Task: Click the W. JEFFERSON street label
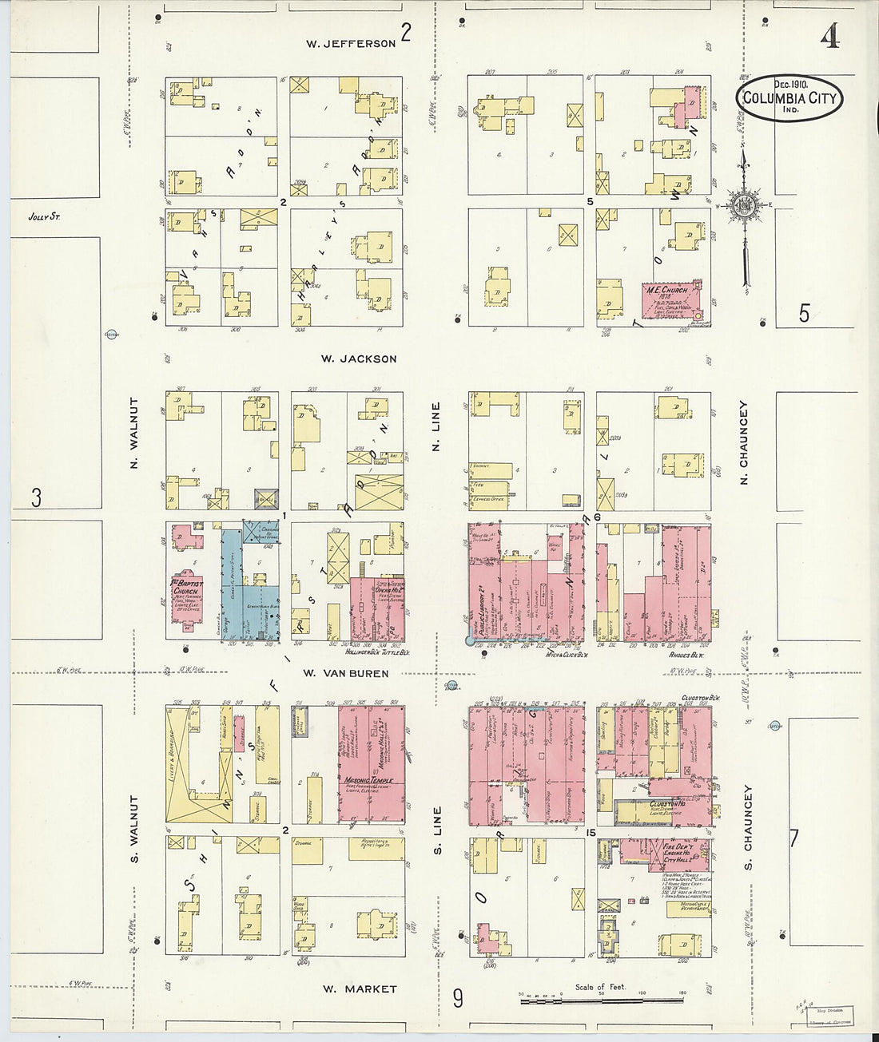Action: [x=351, y=44]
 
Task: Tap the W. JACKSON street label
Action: [x=359, y=359]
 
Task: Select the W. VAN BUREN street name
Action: [x=346, y=673]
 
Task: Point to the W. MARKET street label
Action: [x=360, y=989]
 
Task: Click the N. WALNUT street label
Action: [x=134, y=433]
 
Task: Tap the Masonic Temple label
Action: [x=370, y=779]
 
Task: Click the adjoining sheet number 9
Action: [x=458, y=998]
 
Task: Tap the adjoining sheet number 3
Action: [x=36, y=497]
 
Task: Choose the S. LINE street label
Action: [x=437, y=830]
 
